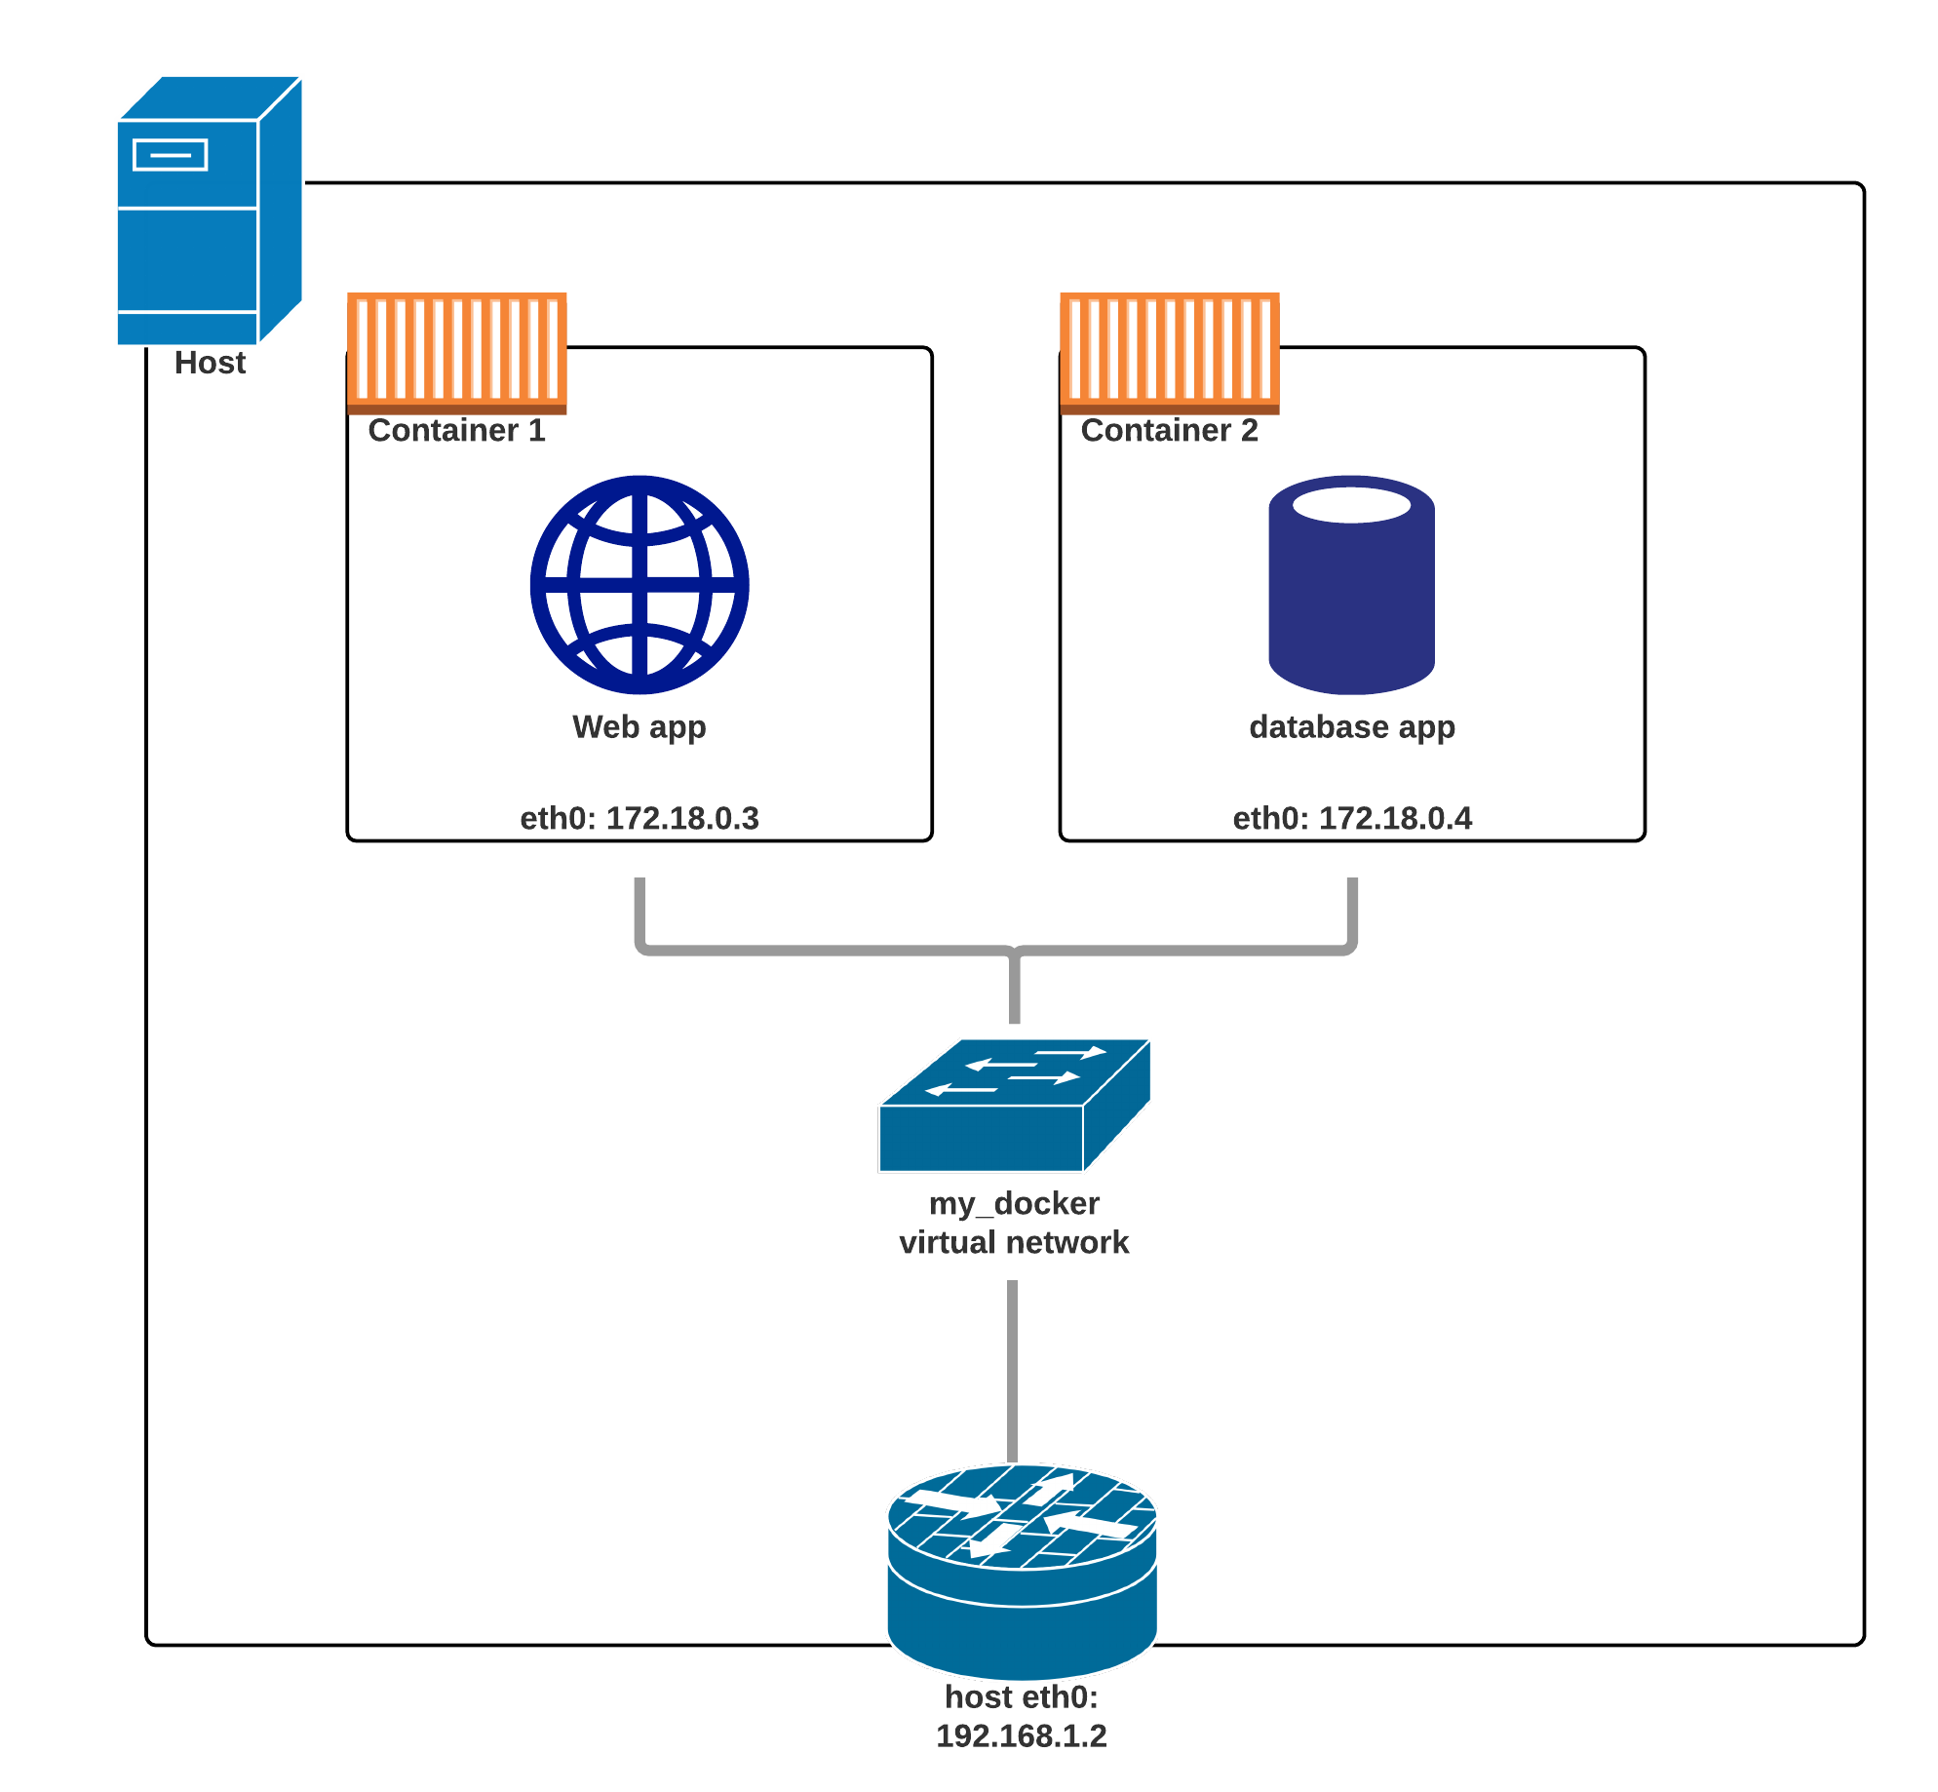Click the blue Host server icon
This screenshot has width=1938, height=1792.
[x=208, y=211]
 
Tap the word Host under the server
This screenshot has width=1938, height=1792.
[x=210, y=363]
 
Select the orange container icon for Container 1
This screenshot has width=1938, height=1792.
[x=457, y=352]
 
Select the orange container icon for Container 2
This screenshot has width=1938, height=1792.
[x=1170, y=352]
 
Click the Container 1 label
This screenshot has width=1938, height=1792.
[x=456, y=430]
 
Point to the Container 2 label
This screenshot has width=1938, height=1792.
[x=1169, y=430]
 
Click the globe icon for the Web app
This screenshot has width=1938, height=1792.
[x=640, y=585]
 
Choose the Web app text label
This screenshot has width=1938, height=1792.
[x=639, y=727]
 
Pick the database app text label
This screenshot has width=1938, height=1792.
[x=1352, y=727]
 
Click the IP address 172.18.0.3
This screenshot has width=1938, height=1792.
[x=682, y=818]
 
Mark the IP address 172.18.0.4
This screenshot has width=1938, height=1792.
[x=1395, y=818]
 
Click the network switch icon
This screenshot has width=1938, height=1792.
[x=1014, y=1106]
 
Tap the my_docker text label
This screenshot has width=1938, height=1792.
[x=1014, y=1203]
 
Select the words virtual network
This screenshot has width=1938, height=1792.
[x=1014, y=1242]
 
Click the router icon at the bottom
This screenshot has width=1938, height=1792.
[x=1022, y=1570]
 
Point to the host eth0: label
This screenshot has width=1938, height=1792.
[x=1022, y=1697]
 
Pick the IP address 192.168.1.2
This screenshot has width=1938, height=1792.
[x=1022, y=1736]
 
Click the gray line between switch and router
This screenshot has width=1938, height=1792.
[x=1013, y=1370]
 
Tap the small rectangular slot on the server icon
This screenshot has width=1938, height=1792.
[x=171, y=155]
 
